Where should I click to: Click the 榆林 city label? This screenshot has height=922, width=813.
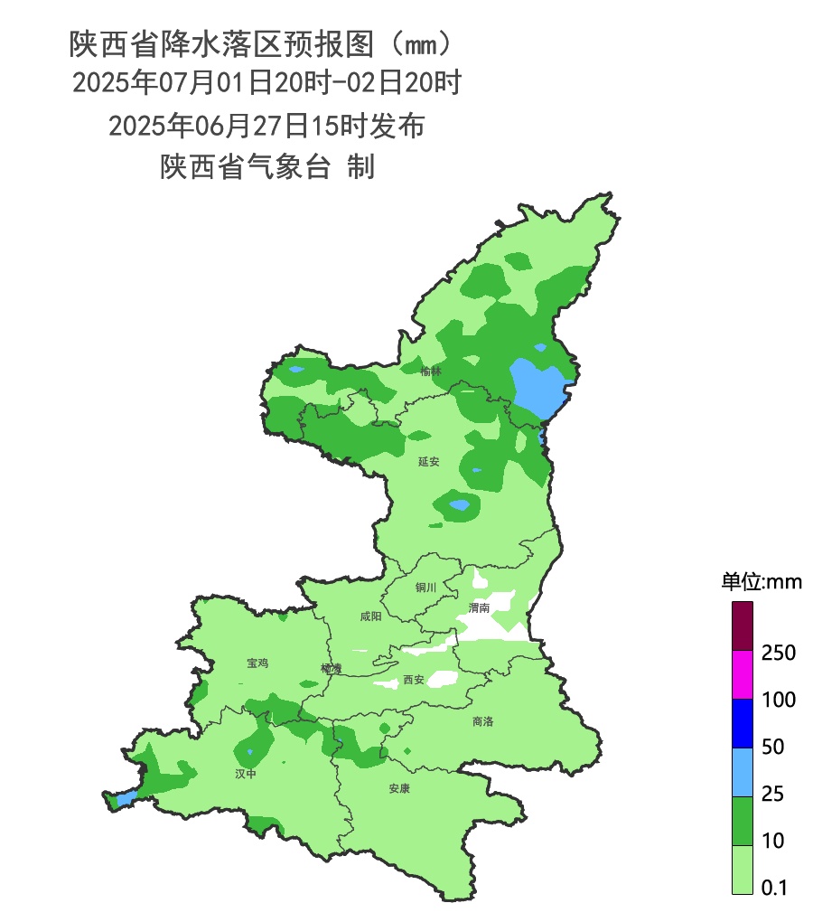[431, 371]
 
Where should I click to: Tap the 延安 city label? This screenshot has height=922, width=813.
[428, 462]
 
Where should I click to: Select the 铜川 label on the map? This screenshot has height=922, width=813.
[425, 588]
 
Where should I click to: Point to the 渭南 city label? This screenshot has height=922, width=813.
[479, 608]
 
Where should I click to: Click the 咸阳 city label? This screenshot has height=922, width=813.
[370, 616]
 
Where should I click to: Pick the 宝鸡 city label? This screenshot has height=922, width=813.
[257, 663]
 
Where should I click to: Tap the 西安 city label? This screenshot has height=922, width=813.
[414, 680]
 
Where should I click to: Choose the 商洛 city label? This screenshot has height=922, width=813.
[483, 721]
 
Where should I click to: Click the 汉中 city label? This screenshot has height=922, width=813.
[246, 774]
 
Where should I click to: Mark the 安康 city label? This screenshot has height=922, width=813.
[399, 789]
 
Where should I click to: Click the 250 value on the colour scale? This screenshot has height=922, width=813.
[778, 653]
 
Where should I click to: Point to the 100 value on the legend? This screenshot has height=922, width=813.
[778, 700]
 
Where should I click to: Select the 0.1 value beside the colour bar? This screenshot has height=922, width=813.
[774, 889]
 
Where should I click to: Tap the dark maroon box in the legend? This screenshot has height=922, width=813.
[742, 626]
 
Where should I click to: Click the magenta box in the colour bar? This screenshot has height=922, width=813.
[742, 674]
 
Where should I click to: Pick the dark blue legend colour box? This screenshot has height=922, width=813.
[742, 723]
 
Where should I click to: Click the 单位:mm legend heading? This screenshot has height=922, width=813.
[761, 581]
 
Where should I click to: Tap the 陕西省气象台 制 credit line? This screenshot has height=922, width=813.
[267, 167]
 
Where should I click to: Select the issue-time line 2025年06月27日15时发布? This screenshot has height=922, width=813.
[266, 126]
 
